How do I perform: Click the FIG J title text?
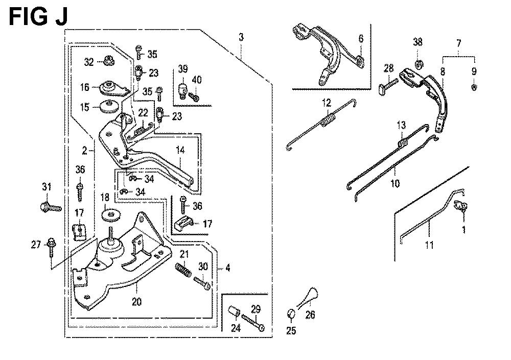click(x=38, y=16)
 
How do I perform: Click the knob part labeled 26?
click(x=308, y=296)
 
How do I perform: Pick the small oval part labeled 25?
click(x=290, y=313)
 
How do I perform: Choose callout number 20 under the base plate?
click(x=137, y=302)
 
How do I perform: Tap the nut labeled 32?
click(x=108, y=61)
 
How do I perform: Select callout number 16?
click(x=85, y=88)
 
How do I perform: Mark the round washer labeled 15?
click(x=109, y=107)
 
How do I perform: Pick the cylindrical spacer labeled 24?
click(x=234, y=311)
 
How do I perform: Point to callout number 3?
click(x=242, y=37)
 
